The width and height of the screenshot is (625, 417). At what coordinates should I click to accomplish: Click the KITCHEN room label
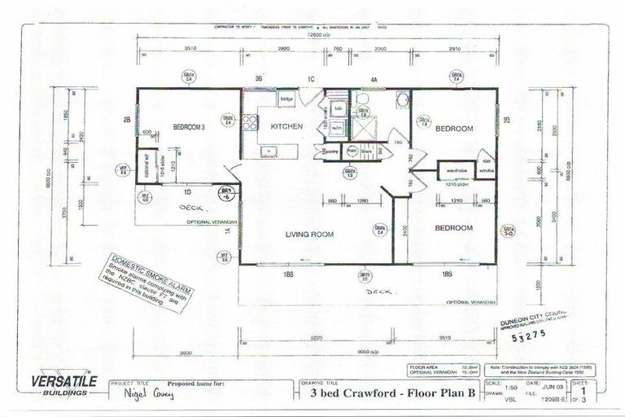[x=286, y=127]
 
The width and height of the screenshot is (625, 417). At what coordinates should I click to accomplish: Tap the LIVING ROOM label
[x=309, y=235]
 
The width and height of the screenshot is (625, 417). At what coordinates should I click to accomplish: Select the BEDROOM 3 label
[x=189, y=126]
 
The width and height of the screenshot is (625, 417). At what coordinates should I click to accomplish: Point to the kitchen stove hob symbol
[x=250, y=123]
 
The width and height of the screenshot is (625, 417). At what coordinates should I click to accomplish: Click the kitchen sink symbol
[x=267, y=151]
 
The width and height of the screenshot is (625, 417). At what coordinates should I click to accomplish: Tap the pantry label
[x=331, y=151]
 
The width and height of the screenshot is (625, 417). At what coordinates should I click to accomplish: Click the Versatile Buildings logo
[x=63, y=384]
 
